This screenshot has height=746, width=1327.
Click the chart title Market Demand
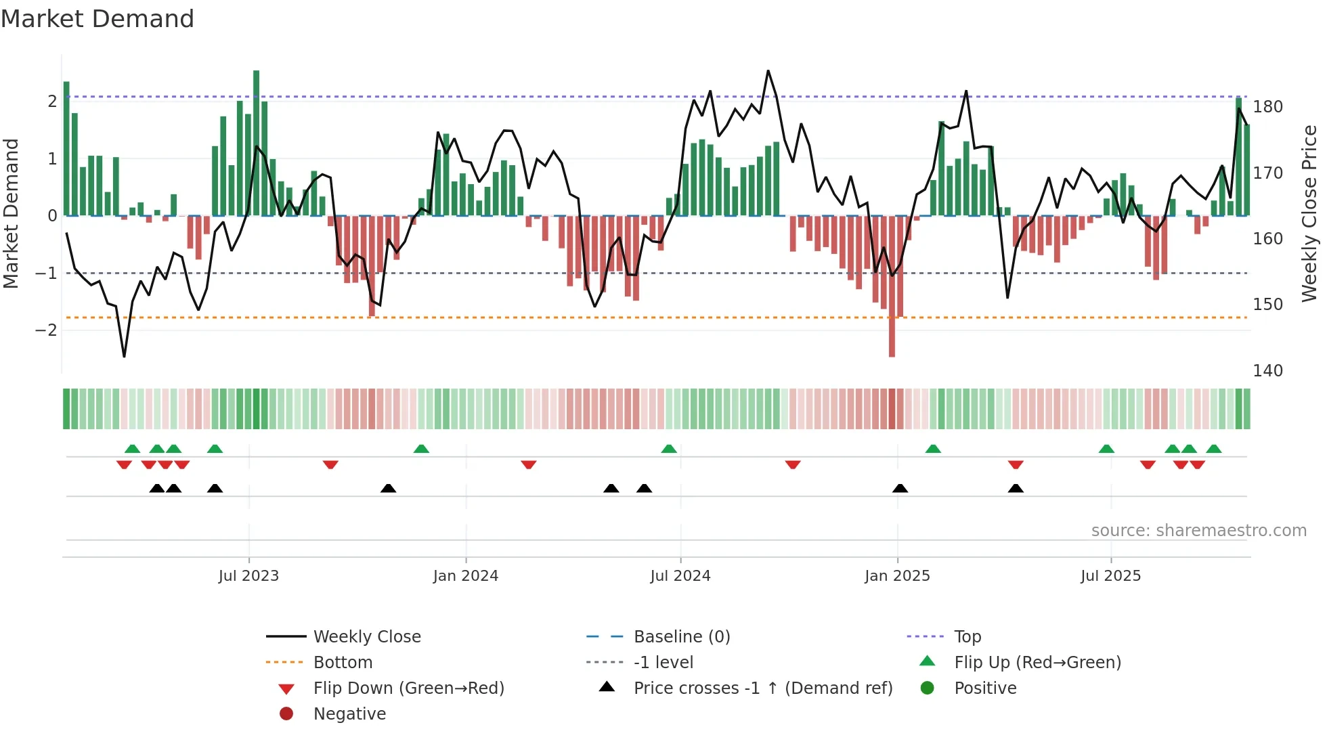point(97,19)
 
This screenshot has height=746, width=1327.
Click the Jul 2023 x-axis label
point(248,576)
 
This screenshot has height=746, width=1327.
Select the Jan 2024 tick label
point(466,576)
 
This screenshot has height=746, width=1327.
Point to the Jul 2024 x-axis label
point(680,576)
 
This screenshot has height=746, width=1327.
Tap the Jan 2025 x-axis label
point(897,576)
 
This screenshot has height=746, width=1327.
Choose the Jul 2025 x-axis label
point(1110,576)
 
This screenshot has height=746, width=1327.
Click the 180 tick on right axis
point(1267,107)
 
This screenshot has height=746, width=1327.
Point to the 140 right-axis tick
point(1267,371)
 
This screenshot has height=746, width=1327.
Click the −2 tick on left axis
point(46,330)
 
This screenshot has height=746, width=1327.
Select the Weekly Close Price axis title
point(1309,213)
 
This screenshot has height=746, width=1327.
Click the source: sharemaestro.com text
point(1198,531)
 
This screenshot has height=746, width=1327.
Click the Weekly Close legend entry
point(366,637)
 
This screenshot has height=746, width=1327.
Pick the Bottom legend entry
point(343,663)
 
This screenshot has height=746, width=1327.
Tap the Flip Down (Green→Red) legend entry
point(408,688)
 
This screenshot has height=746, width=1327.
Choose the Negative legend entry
point(349,714)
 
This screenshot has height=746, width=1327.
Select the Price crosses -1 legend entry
point(762,688)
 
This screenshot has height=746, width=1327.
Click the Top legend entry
point(967,637)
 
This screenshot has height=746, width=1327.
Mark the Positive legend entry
point(985,688)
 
